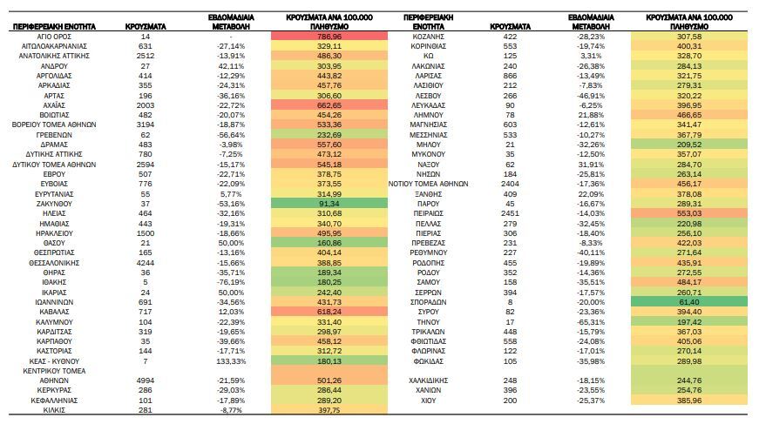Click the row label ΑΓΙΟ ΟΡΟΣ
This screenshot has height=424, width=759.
click(54, 37)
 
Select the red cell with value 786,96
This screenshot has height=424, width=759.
click(329, 37)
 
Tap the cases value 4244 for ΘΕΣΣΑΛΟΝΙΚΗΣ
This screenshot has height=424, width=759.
click(146, 263)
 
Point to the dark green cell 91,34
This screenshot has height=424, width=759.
click(329, 204)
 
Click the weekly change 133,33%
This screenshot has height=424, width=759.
click(231, 361)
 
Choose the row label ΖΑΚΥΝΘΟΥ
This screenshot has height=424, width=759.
click(54, 204)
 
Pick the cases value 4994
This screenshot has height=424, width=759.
click(146, 380)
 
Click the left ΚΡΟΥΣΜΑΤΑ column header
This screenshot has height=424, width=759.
click(146, 27)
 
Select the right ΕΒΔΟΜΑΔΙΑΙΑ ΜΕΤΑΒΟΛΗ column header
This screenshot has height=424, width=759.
click(591, 22)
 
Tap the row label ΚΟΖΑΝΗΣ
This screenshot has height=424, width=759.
click(429, 37)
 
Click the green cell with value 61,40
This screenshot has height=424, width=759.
click(688, 302)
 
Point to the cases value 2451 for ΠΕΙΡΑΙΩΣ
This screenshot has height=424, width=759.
click(510, 213)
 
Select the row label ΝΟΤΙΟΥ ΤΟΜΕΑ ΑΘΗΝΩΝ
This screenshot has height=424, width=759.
click(429, 184)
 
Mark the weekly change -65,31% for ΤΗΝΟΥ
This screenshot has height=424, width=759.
click(591, 322)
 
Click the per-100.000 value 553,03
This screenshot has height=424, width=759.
click(688, 213)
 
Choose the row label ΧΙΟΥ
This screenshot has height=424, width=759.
click(429, 400)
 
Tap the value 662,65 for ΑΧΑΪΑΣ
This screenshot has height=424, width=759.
click(329, 105)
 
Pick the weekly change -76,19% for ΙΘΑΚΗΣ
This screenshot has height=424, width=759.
click(231, 282)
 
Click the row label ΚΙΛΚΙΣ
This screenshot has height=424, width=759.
click(54, 410)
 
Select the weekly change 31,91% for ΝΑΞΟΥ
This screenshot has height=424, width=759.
click(591, 165)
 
